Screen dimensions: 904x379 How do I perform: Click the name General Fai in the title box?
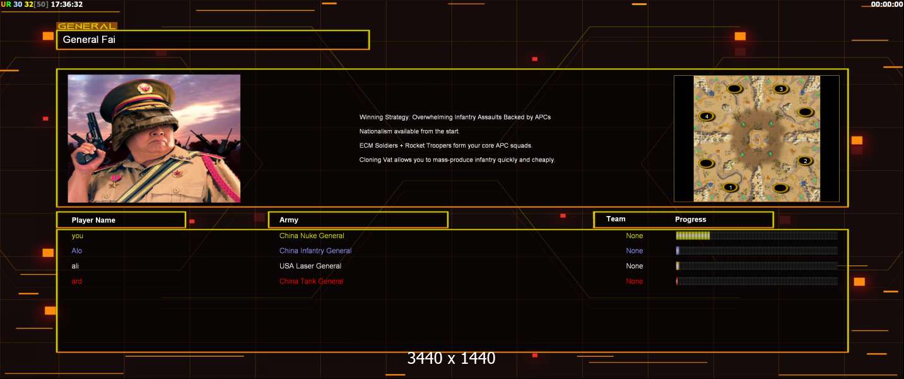[89, 40]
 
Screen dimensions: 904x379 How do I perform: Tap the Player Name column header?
[93, 220]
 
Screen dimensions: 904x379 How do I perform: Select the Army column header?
[288, 220]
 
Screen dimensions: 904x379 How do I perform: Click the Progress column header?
[691, 219]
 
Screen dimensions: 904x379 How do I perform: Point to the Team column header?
[616, 219]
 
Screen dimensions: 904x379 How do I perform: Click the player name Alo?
[77, 251]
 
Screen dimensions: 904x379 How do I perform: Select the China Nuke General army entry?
[312, 236]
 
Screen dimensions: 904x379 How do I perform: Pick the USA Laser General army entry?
[310, 266]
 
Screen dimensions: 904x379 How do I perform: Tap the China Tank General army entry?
[311, 281]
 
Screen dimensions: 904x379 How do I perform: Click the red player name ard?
[77, 281]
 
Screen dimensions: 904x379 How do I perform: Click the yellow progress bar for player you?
[693, 236]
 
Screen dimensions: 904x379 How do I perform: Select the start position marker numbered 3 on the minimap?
[780, 89]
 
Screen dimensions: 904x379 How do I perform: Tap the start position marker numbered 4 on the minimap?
[707, 116]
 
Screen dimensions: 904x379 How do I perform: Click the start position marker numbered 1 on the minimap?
[730, 187]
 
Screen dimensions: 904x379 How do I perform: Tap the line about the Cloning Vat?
[457, 160]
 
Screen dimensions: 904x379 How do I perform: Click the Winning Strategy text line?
[455, 117]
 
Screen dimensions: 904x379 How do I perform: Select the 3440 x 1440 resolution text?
[451, 358]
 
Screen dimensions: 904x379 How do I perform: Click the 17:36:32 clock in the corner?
[67, 4]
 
